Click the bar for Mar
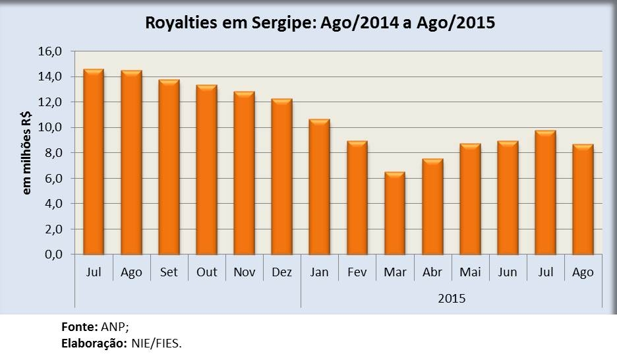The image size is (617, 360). pos(395,214)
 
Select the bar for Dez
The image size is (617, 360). pos(281,177)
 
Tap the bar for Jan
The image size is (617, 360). pos(320,187)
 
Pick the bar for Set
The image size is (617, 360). pos(169,167)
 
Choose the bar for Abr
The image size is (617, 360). pos(432,206)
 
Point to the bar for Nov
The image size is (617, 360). pos(244,173)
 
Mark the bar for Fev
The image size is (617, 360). pos(357,198)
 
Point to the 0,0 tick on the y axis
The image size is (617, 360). pos(55,255)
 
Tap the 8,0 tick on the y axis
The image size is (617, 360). pos(55,153)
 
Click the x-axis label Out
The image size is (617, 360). pos(206,272)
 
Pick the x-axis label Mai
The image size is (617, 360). pos(470,272)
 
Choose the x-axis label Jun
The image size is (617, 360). pos(508,272)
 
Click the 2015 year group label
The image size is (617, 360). pos(452,298)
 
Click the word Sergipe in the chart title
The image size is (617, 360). pos(284,24)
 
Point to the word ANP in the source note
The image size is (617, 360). pos(111,326)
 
